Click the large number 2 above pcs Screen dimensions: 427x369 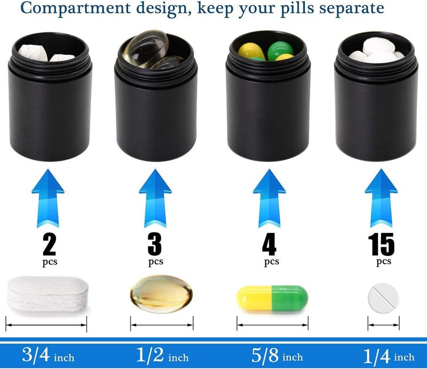pos(49,244)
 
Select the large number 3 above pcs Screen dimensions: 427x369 pos(155,244)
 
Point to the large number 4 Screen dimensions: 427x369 pos(270,244)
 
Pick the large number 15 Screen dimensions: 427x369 pos(381,244)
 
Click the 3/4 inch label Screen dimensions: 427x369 pos(48,355)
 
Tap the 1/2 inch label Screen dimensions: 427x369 pos(162,355)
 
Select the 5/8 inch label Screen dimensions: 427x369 pos(277,355)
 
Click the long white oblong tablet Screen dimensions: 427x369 pos(48,294)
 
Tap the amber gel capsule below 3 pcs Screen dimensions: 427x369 pos(162,294)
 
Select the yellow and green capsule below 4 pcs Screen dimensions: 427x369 pos(272,298)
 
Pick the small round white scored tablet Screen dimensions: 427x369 pos(383,298)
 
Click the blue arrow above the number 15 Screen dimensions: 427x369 pos(381,198)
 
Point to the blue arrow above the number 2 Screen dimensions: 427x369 pos(48,198)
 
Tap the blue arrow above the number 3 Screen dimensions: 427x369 pos(155,198)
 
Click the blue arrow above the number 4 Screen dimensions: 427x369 pos(270,198)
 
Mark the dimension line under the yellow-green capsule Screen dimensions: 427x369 pos(272,325)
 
